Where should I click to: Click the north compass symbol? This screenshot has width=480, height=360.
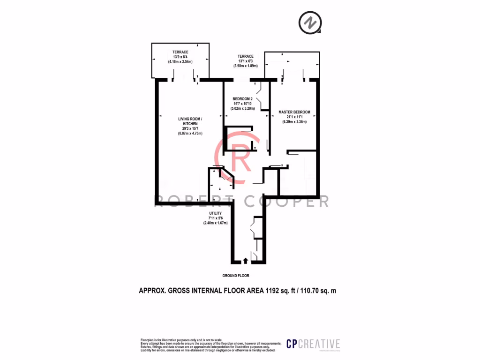click(x=310, y=23)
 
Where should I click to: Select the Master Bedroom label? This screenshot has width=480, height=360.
click(x=294, y=112)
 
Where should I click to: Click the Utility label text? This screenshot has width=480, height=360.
click(x=215, y=213)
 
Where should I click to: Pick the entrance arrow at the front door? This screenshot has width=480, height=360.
click(x=246, y=261)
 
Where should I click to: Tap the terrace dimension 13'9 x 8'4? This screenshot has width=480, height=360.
click(x=180, y=57)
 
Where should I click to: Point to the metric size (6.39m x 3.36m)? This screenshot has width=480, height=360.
click(x=294, y=122)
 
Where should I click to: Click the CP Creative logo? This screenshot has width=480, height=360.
click(x=313, y=344)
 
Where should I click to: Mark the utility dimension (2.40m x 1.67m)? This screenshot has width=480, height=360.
click(x=215, y=223)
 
